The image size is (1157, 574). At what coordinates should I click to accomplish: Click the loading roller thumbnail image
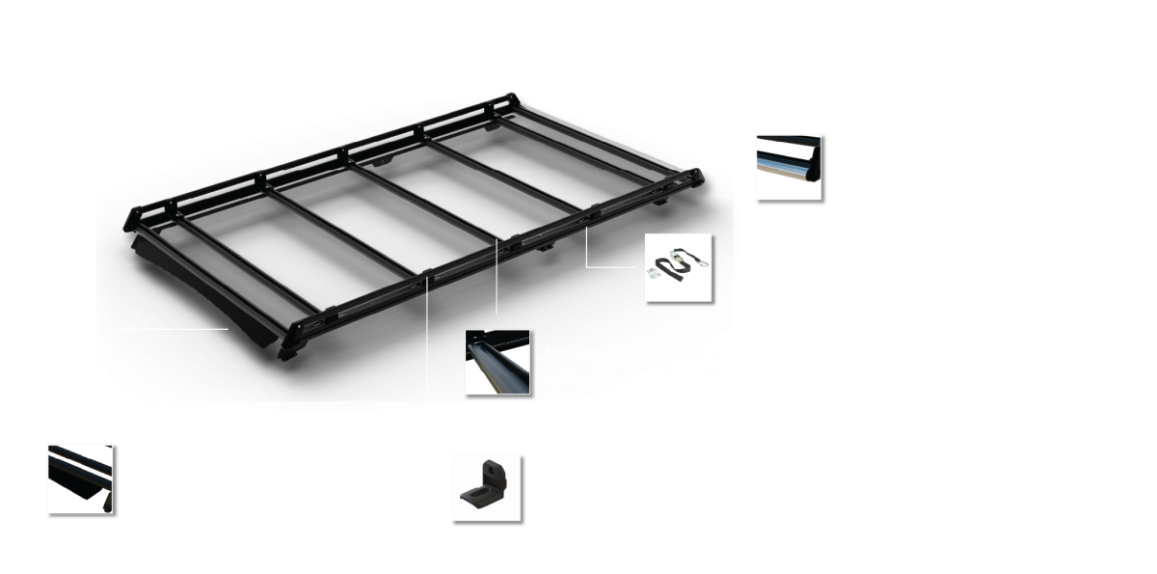pos(789,167)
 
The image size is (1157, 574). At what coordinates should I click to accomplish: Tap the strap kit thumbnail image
pos(678,268)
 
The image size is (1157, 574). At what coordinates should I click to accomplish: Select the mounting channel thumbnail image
pos(498,362)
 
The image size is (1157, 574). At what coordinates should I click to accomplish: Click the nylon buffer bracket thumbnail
pos(485,487)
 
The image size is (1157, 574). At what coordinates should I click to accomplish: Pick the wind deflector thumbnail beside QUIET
pos(81,478)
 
